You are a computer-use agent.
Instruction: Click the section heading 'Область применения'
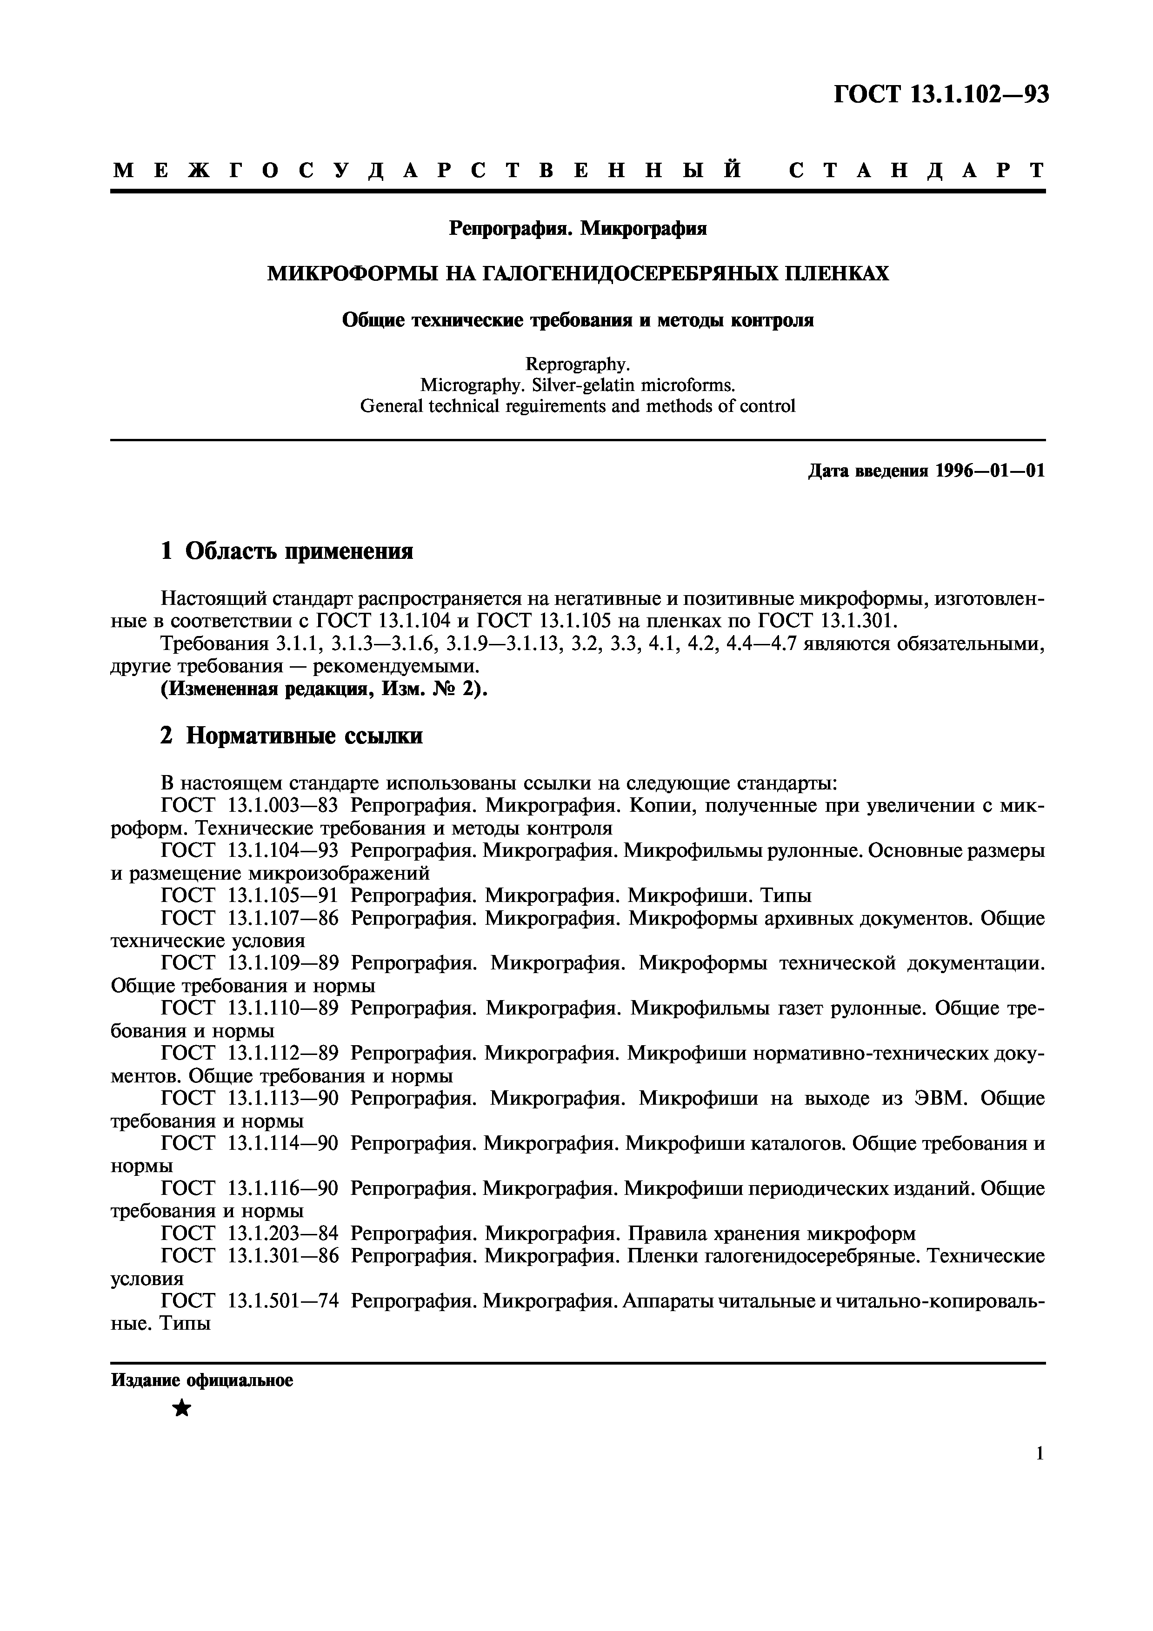[299, 551]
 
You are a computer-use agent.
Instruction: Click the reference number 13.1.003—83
[282, 806]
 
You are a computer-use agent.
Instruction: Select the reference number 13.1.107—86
[282, 919]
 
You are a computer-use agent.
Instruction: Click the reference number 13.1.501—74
[282, 1301]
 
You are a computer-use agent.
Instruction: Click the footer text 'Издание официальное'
[202, 1381]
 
